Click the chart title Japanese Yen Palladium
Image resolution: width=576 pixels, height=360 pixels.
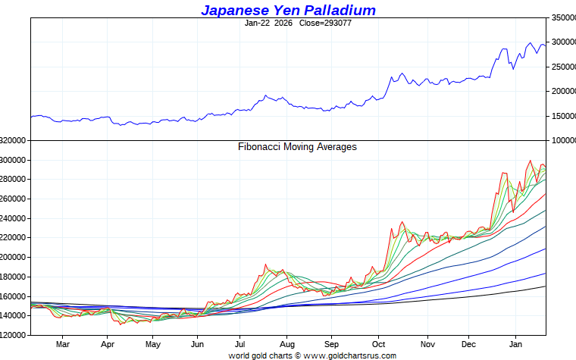tap(288, 10)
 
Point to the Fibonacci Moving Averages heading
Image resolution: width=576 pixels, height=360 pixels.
tap(297, 147)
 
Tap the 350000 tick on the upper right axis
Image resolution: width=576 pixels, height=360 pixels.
tap(562, 17)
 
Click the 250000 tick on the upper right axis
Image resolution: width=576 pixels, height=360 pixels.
tap(562, 67)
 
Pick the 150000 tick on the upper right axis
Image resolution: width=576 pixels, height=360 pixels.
tap(562, 116)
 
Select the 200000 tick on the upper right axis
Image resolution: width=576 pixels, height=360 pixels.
tap(562, 92)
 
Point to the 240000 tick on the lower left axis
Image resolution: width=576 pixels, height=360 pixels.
tap(14, 218)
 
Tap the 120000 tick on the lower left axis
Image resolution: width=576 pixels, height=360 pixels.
tap(14, 335)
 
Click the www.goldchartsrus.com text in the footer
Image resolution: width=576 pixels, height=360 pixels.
tap(350, 355)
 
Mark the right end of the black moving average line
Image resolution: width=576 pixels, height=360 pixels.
tap(546, 286)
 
